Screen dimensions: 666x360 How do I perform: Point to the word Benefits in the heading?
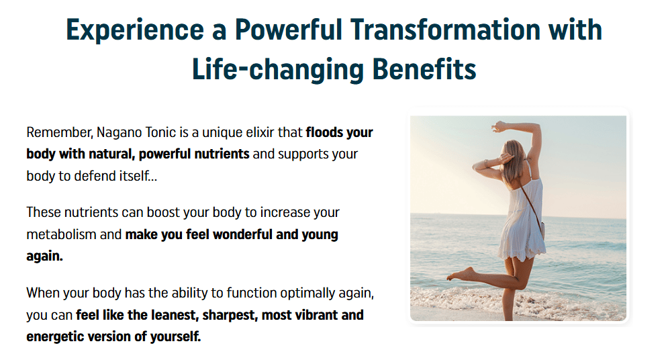click(x=424, y=69)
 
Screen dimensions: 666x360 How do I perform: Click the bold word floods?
click(x=324, y=132)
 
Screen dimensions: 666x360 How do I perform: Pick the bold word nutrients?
click(x=222, y=154)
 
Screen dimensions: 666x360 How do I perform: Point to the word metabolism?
click(x=61, y=234)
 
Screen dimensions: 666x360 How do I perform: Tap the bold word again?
click(x=44, y=257)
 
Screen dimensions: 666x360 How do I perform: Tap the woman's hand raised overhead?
click(x=497, y=126)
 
